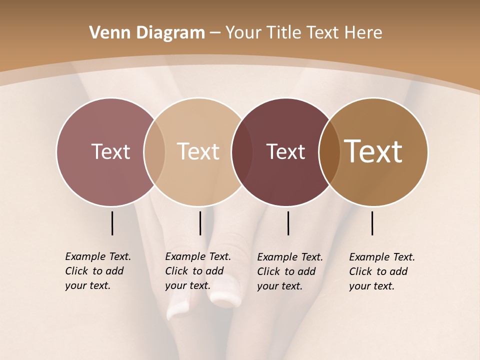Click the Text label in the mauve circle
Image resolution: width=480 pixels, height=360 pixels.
(x=110, y=151)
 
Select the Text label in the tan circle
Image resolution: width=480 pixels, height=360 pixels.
(x=198, y=151)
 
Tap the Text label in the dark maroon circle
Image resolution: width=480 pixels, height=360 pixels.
(x=285, y=151)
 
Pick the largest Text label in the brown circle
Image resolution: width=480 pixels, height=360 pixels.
(x=373, y=151)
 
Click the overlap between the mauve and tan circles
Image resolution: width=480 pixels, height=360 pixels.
(x=154, y=152)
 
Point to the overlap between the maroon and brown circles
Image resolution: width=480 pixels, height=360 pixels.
(x=329, y=152)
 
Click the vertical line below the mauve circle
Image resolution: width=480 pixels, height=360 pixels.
(x=112, y=223)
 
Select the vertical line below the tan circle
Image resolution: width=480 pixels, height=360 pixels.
(x=200, y=223)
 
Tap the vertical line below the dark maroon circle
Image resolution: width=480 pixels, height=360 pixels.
(x=288, y=223)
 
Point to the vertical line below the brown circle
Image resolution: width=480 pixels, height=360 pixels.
(x=372, y=223)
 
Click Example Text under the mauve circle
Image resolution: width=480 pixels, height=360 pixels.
(x=98, y=256)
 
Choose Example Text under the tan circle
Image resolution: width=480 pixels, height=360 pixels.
(x=198, y=256)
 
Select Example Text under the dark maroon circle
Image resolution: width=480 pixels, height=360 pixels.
(x=290, y=257)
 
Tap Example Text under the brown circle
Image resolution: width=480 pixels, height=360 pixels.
(x=382, y=257)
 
